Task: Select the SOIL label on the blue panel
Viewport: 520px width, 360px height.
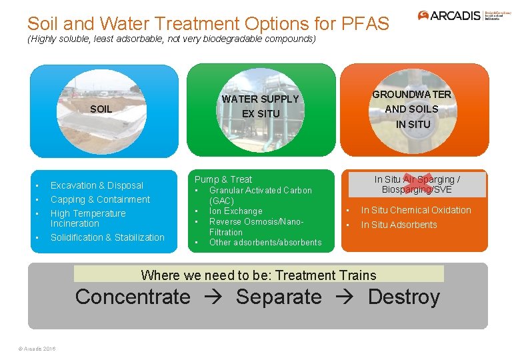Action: [x=101, y=109]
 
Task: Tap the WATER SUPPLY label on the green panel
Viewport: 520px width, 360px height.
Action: [x=260, y=99]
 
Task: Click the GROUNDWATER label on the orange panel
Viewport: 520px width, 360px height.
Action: [x=411, y=95]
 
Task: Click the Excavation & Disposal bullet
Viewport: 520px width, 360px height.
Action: [x=97, y=185]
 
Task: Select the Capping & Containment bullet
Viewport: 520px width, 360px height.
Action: [x=100, y=199]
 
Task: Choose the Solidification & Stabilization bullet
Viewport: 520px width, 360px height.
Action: [x=107, y=237]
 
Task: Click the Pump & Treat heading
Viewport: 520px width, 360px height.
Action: [x=223, y=179]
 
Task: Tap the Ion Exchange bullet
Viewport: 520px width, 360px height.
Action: [x=235, y=211]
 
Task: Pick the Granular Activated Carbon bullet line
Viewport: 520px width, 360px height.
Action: [x=260, y=191]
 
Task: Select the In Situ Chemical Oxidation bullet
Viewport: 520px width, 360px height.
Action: [x=416, y=210]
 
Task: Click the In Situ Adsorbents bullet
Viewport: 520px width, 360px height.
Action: [x=399, y=225]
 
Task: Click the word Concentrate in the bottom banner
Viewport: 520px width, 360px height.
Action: [x=133, y=297]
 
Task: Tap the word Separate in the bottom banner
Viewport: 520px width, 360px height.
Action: [x=279, y=297]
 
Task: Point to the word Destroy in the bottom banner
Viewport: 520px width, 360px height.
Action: [x=403, y=297]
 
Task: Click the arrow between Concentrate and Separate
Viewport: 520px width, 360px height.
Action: [x=213, y=297]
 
